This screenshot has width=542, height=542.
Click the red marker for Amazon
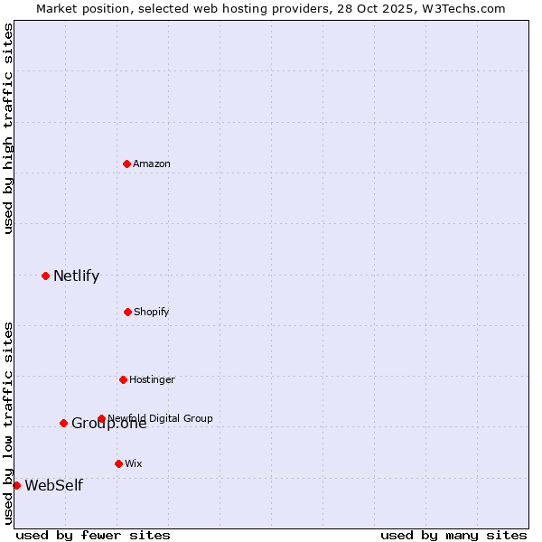tap(126, 164)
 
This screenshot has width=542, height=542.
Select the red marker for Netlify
tap(45, 276)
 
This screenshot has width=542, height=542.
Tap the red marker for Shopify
tap(127, 312)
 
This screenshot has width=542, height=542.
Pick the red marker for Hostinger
tap(123, 379)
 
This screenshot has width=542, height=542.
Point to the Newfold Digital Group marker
tap(101, 418)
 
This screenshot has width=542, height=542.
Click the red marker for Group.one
tap(63, 423)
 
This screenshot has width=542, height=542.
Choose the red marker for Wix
tap(118, 463)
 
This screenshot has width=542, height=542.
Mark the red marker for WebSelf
tap(16, 485)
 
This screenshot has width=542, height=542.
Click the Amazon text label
tap(152, 164)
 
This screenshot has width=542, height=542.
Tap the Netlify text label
tap(76, 276)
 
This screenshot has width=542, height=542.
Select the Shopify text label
tap(151, 312)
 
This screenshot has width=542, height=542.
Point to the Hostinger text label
tap(152, 379)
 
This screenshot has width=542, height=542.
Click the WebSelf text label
tap(53, 486)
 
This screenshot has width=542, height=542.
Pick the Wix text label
tap(134, 463)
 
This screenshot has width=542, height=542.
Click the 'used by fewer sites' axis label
tap(93, 535)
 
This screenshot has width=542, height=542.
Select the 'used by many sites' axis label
tap(453, 535)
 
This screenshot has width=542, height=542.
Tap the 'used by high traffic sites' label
tap(8, 128)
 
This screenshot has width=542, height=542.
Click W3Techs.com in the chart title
tap(461, 8)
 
